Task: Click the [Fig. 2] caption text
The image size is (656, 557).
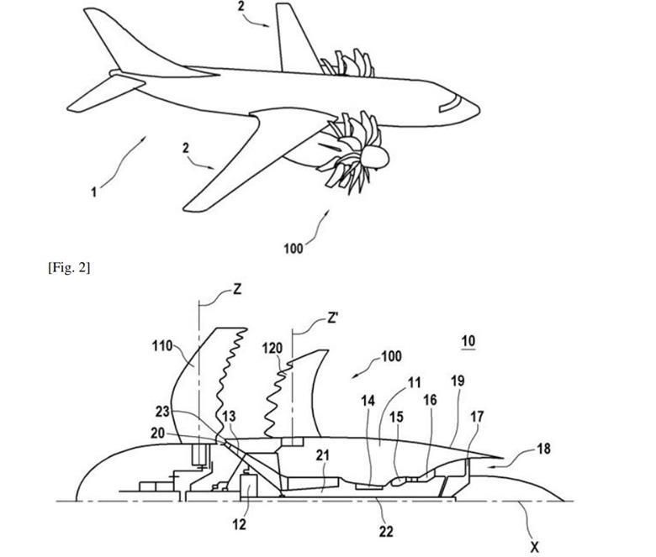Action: coord(69,267)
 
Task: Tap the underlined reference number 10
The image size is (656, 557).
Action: coord(468,341)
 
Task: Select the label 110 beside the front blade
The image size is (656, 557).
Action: coord(162,346)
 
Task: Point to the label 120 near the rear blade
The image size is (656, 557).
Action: coord(272,348)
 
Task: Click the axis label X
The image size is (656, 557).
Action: coord(534,547)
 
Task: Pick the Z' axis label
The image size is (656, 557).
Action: coord(332,318)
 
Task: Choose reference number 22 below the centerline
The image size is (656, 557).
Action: coord(386,531)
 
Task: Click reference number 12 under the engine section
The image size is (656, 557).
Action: coord(240,524)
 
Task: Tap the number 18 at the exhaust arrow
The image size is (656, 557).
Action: coord(543,449)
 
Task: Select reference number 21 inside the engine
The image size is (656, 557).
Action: coord(323,455)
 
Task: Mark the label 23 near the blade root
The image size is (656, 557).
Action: coord(163,412)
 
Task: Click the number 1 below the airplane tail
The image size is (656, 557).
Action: coord(94,192)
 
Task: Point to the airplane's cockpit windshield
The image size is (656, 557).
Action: coord(449,103)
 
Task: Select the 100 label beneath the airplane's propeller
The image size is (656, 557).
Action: coord(294,249)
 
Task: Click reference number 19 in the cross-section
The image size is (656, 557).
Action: coord(458,381)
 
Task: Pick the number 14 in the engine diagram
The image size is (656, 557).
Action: coord(368,401)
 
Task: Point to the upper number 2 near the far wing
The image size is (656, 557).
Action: coord(241,6)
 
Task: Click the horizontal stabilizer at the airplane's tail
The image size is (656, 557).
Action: coord(107,92)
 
